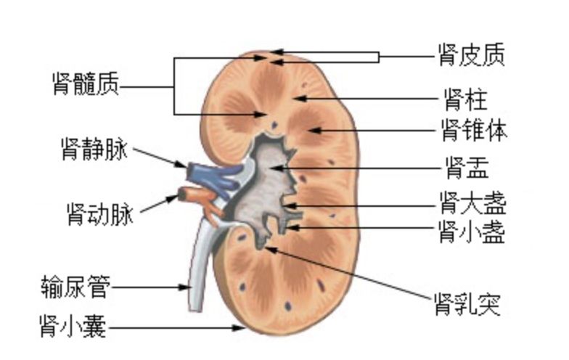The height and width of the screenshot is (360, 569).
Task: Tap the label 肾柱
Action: pos(464,98)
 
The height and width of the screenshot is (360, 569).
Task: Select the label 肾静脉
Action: pos(94,150)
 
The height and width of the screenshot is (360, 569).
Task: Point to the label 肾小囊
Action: pos(73,327)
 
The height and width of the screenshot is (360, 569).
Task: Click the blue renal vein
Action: pos(210,175)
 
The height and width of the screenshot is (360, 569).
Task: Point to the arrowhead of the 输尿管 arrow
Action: pos(187,287)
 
